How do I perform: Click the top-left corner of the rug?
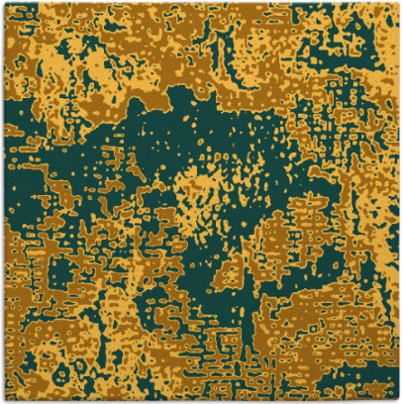(x=3, y=3)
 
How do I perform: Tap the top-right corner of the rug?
(x=398, y=3)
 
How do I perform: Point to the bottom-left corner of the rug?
(x=3, y=400)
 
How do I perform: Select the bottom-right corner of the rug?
(x=398, y=400)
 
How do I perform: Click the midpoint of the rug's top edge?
(x=201, y=3)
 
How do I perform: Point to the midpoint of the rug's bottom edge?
(x=201, y=400)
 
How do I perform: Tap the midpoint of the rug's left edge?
(x=3, y=202)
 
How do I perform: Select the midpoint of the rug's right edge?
(x=398, y=202)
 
